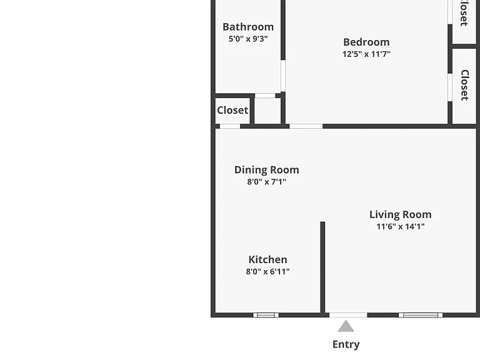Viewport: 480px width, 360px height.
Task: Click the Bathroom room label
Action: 248,27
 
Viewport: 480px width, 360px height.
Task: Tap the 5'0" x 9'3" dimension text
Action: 248,39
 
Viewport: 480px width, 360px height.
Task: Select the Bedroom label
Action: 366,42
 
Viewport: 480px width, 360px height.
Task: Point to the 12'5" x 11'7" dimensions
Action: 366,54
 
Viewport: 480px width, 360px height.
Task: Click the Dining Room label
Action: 267,170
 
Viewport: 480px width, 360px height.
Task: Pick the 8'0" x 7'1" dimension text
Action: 267,182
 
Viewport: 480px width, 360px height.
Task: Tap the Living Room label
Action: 401,214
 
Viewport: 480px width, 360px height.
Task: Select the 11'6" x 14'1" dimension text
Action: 401,226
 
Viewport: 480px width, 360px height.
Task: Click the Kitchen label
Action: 268,259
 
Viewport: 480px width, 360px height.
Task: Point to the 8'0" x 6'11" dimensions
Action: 268,271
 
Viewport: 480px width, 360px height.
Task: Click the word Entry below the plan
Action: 346,344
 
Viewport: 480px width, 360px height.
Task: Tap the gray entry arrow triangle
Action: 346,327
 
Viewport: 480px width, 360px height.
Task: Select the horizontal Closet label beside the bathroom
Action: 232,110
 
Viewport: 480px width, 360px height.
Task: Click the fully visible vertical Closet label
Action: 465,85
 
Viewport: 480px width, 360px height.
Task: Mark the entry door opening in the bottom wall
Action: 348,315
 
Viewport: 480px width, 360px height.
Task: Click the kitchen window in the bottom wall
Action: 266,315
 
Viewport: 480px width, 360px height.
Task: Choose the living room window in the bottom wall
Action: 421,315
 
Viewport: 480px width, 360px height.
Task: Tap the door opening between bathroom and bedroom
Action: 283,76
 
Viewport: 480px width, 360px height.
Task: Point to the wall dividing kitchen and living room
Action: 322,267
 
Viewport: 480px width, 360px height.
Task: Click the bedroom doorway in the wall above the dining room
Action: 306,126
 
